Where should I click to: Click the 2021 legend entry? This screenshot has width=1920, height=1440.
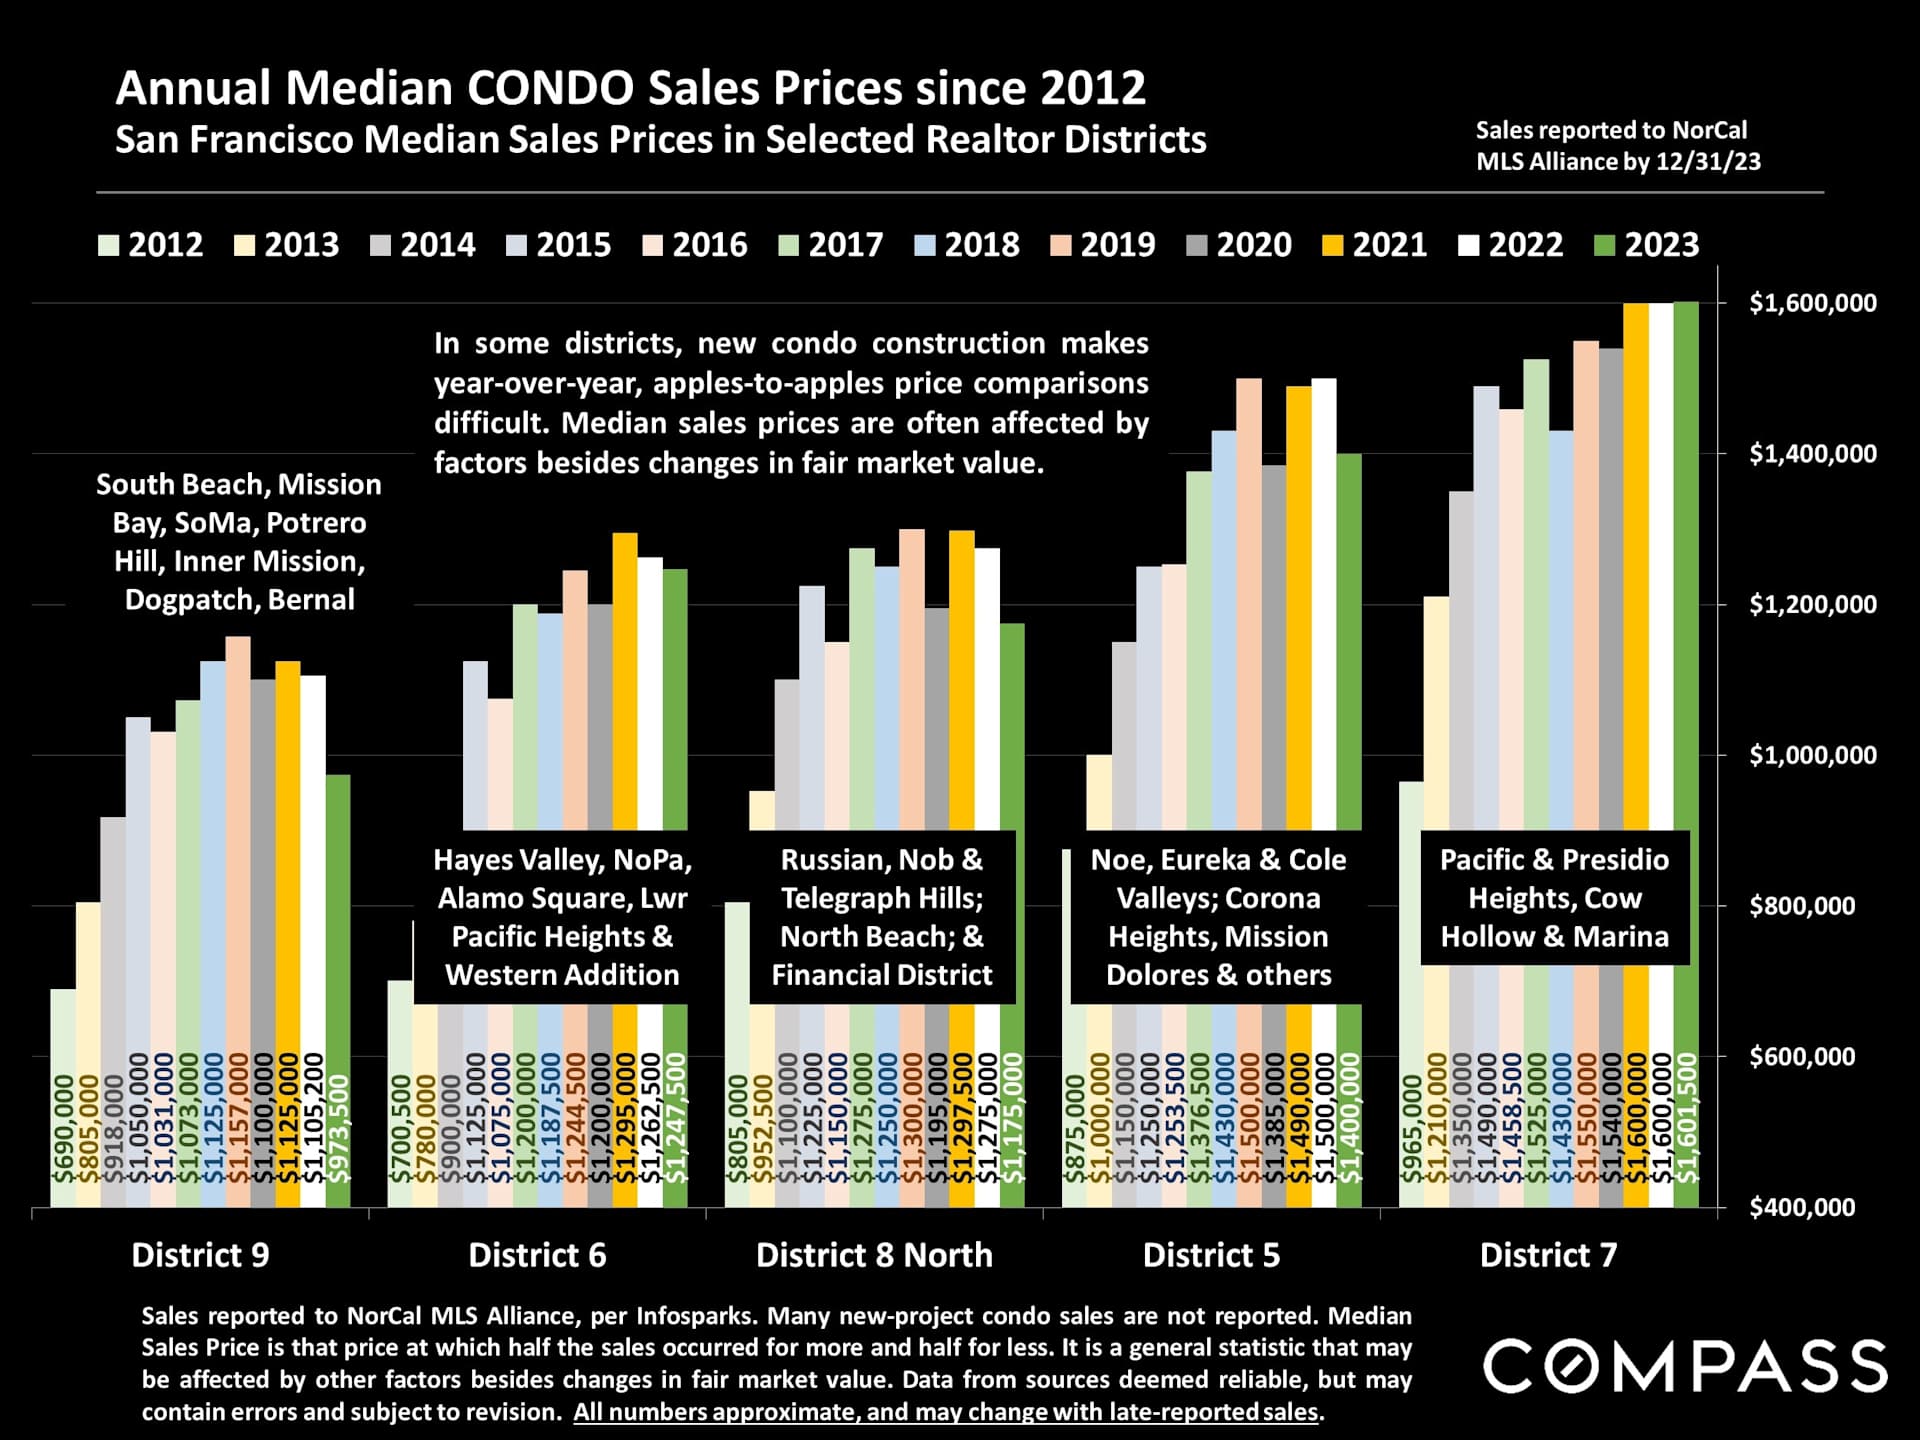1374,245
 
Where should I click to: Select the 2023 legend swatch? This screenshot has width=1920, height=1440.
1604,245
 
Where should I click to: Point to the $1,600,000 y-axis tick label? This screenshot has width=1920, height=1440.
1812,303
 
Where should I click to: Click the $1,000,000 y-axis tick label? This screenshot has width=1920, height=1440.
1812,755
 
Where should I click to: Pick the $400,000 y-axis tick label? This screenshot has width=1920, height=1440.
1802,1207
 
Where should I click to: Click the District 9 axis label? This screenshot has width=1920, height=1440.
200,1255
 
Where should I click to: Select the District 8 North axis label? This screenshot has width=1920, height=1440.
874,1255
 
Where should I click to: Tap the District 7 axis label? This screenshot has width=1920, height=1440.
1548,1255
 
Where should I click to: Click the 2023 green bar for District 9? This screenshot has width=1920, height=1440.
338,900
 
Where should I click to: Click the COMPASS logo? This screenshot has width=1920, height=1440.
1685,1366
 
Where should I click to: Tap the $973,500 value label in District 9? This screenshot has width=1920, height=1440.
340,1128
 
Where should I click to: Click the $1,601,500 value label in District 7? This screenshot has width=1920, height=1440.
1687,1117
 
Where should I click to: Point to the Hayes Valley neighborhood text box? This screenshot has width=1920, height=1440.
562,917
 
